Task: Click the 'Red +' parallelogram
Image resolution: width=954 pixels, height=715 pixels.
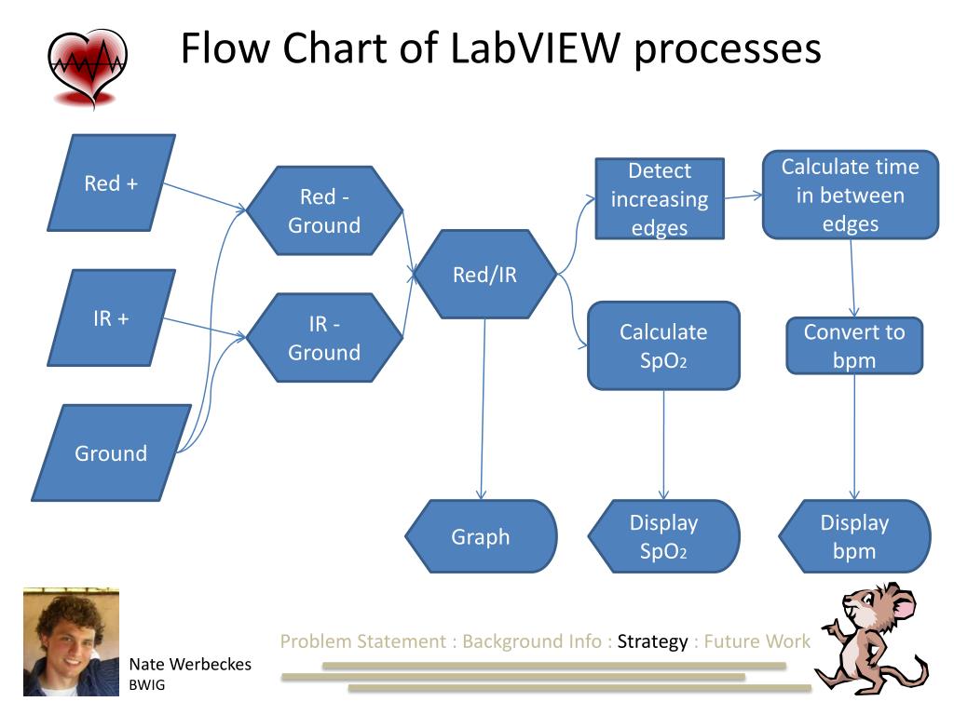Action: click(x=112, y=183)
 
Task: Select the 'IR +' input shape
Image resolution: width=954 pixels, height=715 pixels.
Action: click(x=112, y=318)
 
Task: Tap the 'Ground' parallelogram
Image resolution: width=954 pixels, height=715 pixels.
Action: click(x=112, y=453)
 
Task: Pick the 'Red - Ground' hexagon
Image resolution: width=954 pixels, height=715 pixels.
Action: click(x=324, y=210)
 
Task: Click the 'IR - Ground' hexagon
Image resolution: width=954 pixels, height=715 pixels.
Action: click(x=324, y=338)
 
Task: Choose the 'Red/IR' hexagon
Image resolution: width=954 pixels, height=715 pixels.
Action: click(x=484, y=275)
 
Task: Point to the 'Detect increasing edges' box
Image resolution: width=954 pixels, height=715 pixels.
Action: click(x=660, y=199)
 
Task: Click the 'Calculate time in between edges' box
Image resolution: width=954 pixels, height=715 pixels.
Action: click(x=851, y=195)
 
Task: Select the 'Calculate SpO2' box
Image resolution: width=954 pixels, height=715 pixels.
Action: click(x=663, y=345)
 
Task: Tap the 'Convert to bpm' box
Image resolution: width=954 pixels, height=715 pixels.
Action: click(x=855, y=345)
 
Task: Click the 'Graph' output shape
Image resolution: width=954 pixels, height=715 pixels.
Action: click(x=482, y=536)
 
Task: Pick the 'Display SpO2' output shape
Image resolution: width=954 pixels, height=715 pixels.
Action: click(x=663, y=536)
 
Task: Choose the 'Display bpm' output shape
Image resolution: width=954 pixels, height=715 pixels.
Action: click(x=855, y=536)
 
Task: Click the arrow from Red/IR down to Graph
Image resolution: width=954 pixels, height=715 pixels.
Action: click(x=484, y=410)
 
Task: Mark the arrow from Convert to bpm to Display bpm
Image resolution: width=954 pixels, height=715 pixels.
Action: click(x=855, y=437)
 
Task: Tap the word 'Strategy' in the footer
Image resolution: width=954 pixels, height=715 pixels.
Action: click(x=652, y=641)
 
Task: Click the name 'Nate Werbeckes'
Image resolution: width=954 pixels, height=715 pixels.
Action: click(x=190, y=664)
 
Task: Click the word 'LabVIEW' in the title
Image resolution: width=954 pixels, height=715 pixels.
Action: click(x=536, y=48)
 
